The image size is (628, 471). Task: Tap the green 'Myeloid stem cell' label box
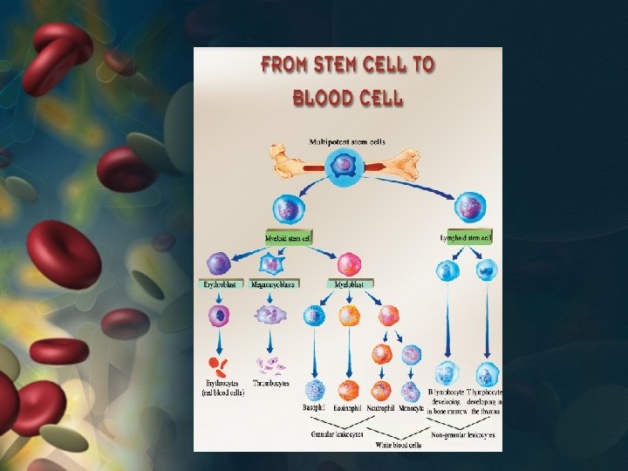(x=289, y=237)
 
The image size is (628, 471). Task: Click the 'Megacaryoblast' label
(x=273, y=284)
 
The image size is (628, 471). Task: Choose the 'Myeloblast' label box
(x=349, y=284)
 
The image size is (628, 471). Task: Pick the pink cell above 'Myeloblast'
(x=349, y=263)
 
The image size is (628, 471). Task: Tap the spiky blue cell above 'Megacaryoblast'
(x=273, y=262)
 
